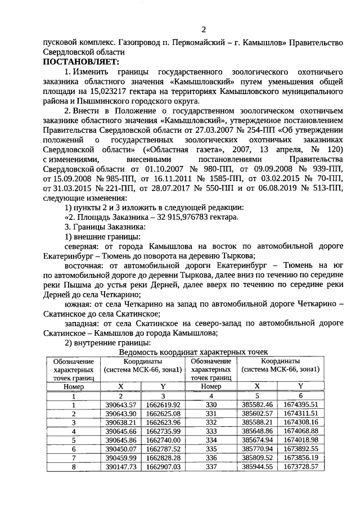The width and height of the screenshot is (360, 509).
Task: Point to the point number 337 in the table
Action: [211, 467]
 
